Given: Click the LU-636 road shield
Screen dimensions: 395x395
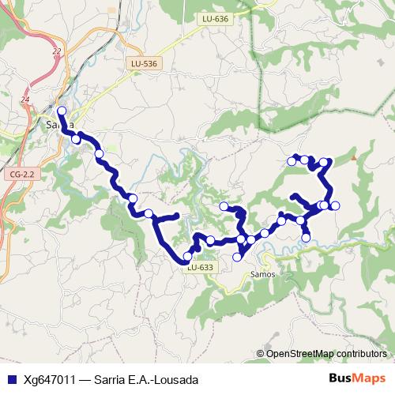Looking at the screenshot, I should click(215, 19).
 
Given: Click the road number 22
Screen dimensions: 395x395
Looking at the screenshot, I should click(56, 51).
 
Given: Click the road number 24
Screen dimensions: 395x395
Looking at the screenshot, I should click(26, 100).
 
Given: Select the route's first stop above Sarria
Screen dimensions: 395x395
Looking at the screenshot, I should click(62, 111).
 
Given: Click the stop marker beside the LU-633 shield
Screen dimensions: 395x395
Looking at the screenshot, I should click(187, 256).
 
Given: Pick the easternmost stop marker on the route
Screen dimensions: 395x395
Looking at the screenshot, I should click(335, 206).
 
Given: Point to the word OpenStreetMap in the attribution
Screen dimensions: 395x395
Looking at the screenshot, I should click(299, 354).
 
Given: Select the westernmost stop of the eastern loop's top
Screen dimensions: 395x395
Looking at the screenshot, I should click(292, 161).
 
